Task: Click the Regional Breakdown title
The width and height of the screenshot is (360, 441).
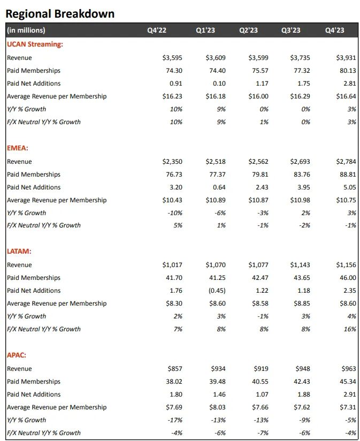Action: [60, 13]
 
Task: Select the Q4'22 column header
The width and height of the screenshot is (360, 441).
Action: [157, 31]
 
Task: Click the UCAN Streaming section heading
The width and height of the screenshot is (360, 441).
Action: [35, 44]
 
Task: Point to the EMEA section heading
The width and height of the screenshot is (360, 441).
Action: [18, 148]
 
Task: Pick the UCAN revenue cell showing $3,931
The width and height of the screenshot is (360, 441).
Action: [343, 58]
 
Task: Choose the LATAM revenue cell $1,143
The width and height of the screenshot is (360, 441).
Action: [300, 265]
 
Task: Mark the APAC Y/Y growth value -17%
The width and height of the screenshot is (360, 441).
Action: [174, 420]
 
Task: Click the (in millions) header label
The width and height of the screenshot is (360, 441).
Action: [26, 31]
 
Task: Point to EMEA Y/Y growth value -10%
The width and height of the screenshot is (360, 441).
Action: [174, 213]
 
